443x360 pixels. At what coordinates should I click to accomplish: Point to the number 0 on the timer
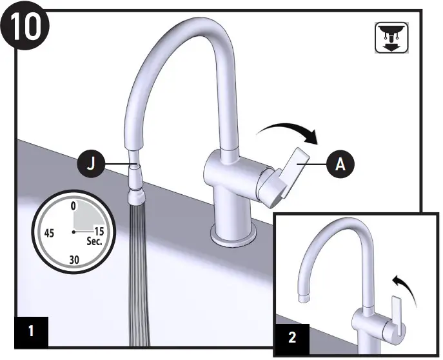(74, 206)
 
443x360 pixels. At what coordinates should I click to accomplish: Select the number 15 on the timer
(99, 230)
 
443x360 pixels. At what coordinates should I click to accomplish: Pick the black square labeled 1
(31, 332)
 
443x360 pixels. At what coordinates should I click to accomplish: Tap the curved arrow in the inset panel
(402, 283)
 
